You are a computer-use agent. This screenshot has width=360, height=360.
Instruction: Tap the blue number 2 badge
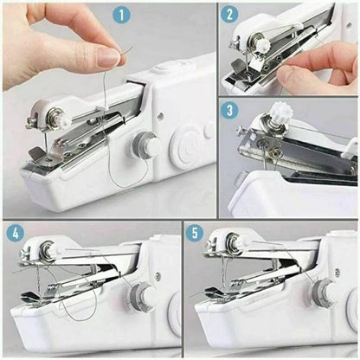[230, 15]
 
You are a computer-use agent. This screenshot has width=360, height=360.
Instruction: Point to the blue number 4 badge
[16, 233]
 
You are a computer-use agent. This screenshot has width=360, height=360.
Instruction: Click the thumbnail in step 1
[109, 57]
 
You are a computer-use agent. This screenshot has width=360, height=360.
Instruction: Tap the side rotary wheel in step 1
[149, 146]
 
